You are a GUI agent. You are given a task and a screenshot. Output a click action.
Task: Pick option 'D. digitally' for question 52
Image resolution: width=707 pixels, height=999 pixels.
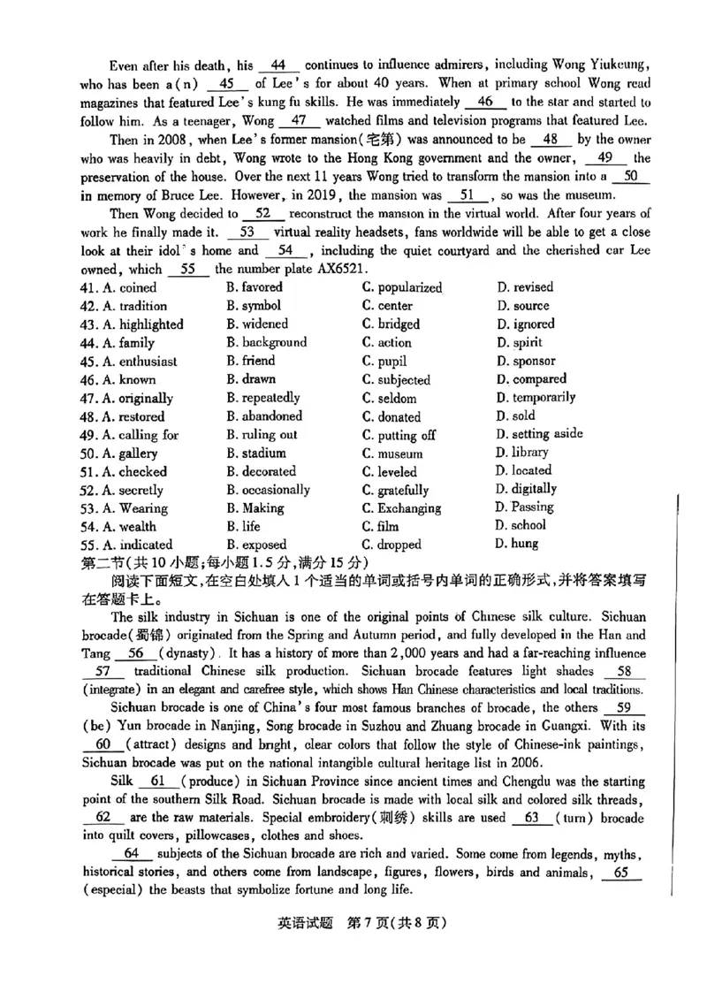click(x=527, y=489)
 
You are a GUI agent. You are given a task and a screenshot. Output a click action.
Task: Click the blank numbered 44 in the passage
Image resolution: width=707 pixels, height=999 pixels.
click(x=280, y=65)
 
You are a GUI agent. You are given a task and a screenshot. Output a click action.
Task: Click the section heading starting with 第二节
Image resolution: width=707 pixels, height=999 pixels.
click(x=222, y=562)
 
